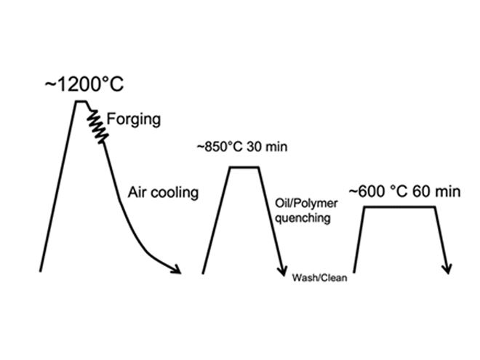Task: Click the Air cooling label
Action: tap(163, 193)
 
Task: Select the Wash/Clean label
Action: tap(319, 278)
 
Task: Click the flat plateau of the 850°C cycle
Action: tap(244, 168)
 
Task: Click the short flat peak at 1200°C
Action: tap(81, 101)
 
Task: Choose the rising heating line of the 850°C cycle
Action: tap(217, 218)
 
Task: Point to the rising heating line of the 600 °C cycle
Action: tap(359, 240)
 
